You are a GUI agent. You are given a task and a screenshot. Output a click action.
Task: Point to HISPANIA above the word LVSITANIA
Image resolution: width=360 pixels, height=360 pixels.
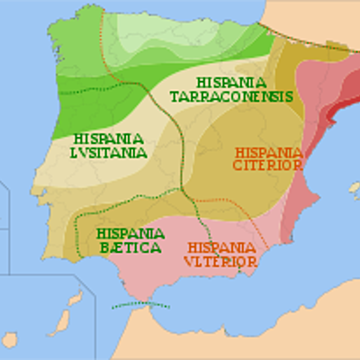pyautogui.click(x=108, y=139)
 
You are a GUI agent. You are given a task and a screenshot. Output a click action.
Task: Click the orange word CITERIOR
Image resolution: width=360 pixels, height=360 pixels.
pyautogui.click(x=267, y=165)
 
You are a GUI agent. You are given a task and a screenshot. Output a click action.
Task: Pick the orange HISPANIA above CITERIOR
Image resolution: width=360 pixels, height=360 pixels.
pyautogui.click(x=267, y=151)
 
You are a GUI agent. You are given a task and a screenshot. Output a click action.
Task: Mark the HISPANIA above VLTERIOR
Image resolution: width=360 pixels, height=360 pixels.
pyautogui.click(x=220, y=247)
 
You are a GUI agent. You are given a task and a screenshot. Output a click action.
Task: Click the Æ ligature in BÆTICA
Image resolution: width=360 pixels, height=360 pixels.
pyautogui.click(x=118, y=246)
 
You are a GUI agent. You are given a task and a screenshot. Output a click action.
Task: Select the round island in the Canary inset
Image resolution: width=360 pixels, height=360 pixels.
pyautogui.click(x=9, y=339)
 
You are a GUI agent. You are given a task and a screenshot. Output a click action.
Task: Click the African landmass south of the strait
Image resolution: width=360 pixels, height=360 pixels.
pyautogui.click(x=225, y=333)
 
